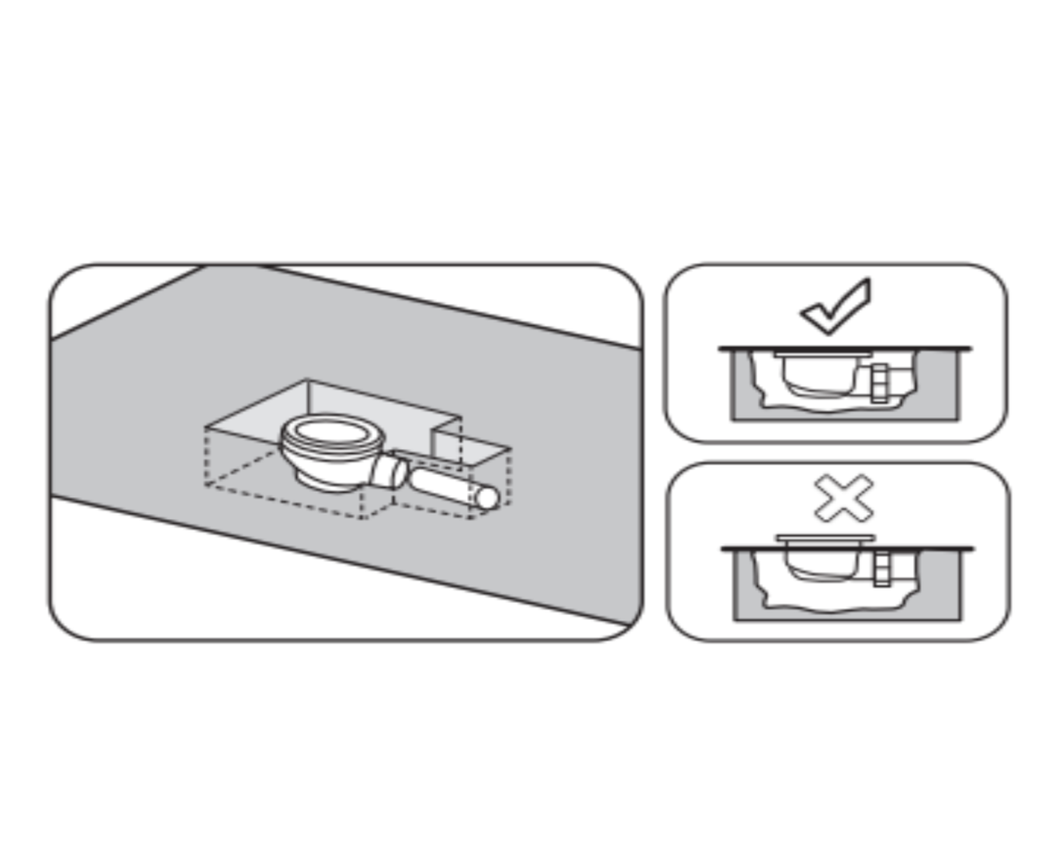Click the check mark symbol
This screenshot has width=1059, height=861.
point(835,308)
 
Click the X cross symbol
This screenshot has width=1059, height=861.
point(843,498)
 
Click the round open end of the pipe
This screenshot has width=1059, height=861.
point(487,497)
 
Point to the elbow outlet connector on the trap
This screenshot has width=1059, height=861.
point(388,471)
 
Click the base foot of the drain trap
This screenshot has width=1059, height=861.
point(326,479)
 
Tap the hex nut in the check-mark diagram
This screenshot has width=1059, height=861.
point(879,382)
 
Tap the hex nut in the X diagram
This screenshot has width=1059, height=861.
point(882,569)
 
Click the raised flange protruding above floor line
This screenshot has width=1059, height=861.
point(825,538)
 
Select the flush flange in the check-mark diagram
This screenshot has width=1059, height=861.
point(822,354)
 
